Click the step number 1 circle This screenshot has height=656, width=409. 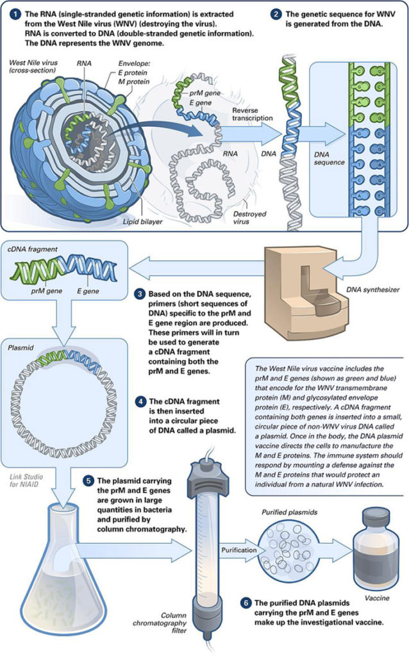click(x=14, y=13)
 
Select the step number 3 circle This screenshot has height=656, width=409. click(x=140, y=294)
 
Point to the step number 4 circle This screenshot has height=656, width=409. click(x=140, y=402)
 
